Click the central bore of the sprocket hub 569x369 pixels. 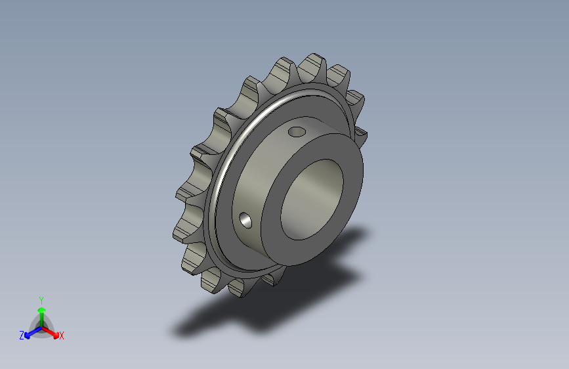click(312, 200)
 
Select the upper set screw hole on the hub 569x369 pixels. click(297, 131)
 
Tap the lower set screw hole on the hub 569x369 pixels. click(245, 221)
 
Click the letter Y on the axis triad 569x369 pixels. click(41, 301)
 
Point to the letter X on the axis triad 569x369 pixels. click(61, 336)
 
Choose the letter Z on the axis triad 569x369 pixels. click(22, 336)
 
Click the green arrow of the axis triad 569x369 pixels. click(42, 316)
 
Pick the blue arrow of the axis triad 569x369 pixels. click(33, 333)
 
